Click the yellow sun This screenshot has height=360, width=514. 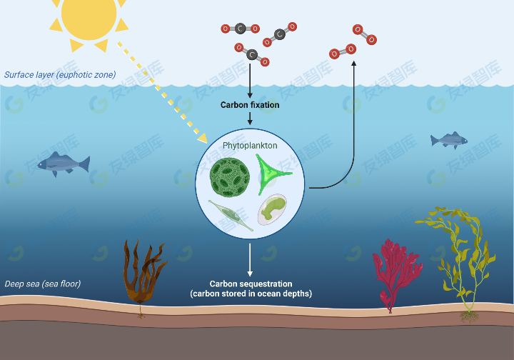(89, 16)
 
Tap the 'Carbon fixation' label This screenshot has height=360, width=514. (250, 105)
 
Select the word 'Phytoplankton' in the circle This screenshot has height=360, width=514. (250, 146)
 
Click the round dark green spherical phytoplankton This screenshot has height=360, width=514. (230, 177)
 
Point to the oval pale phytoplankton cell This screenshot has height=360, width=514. (272, 209)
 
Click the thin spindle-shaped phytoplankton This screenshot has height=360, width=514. (231, 216)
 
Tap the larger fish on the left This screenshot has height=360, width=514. (64, 164)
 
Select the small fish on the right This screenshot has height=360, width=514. (449, 140)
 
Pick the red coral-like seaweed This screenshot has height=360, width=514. (396, 274)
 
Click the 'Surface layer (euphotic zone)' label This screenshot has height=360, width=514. (60, 75)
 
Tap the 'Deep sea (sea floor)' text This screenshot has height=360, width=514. (43, 284)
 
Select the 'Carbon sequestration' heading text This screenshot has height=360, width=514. (251, 284)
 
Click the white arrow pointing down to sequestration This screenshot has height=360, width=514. (250, 260)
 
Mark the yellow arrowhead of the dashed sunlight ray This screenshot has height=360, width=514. (203, 138)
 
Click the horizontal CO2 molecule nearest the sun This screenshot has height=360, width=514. (241, 29)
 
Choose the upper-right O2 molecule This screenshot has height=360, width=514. (365, 34)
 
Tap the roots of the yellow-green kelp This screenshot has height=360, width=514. (470, 316)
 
